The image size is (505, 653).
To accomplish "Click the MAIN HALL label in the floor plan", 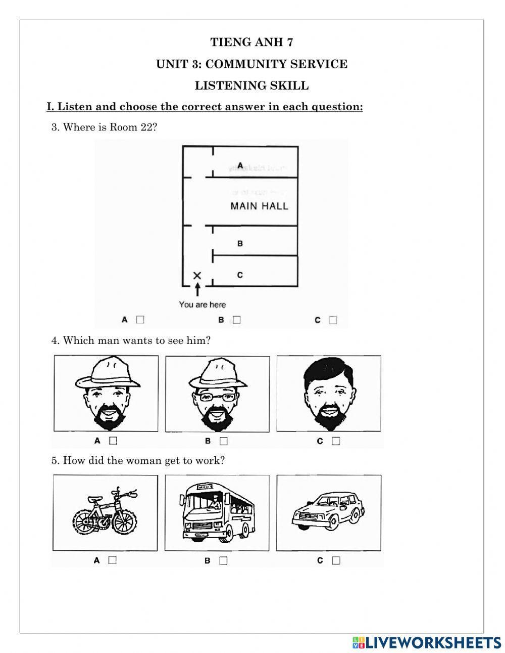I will point(259,206).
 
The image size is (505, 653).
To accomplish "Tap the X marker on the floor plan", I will point(197,276).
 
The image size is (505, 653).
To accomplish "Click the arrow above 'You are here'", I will point(197,290).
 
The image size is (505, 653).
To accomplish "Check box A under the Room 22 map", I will point(140,320).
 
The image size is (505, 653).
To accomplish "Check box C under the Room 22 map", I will point(333,320).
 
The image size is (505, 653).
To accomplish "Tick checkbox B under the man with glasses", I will point(224,441).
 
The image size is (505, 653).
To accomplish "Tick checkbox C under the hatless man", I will point(336,441).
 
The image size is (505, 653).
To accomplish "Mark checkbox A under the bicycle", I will point(112,560).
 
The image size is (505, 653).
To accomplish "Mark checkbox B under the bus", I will point(223,560).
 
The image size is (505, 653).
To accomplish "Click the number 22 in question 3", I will point(146,127).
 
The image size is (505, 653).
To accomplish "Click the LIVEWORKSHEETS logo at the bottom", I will point(427,642).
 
